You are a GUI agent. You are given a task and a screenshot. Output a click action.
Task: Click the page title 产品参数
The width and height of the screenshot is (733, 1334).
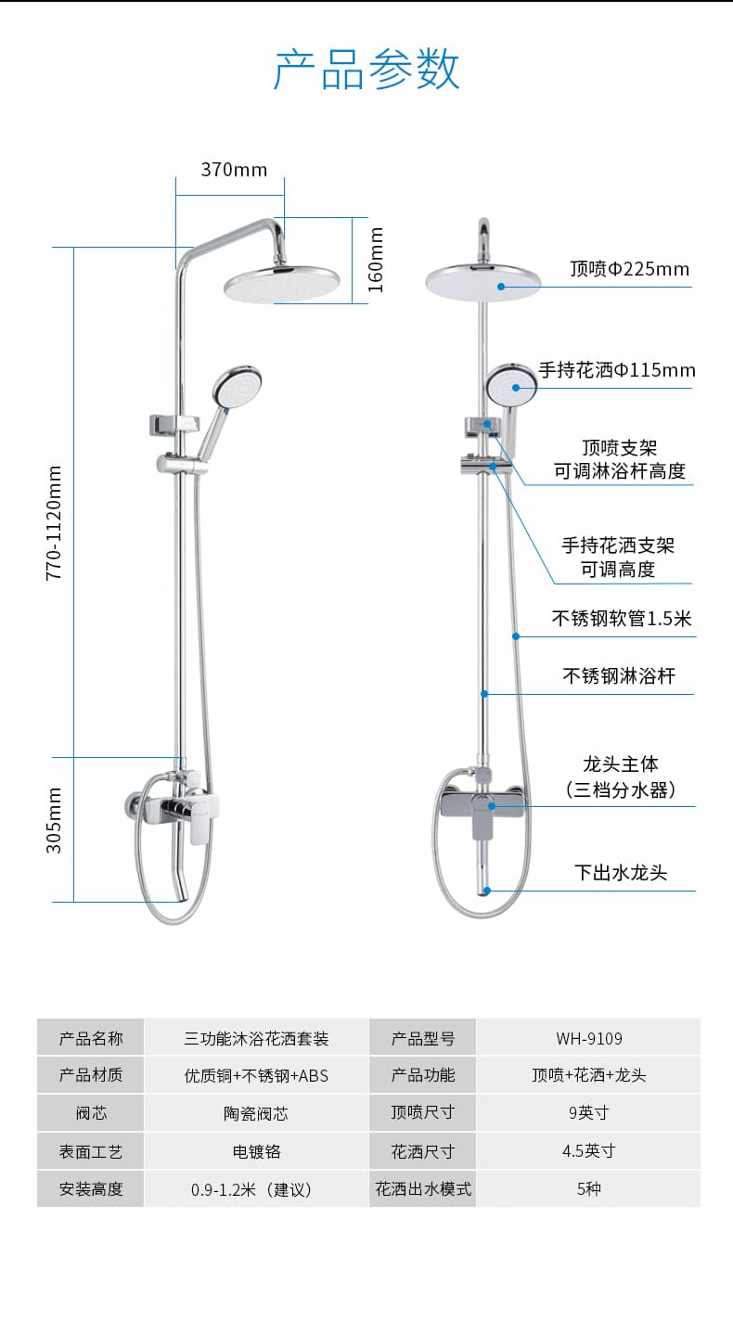point(366,69)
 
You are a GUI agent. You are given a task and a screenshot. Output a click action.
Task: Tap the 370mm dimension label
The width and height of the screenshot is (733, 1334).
point(234,170)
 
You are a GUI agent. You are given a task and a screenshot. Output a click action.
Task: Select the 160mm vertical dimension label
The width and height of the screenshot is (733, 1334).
point(375,260)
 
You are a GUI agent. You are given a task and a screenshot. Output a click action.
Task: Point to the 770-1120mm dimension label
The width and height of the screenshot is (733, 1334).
point(54,523)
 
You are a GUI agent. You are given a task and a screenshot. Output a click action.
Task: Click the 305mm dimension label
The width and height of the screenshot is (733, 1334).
point(54,820)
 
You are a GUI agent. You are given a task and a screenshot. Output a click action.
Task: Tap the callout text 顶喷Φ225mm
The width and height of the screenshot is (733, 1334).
point(629,269)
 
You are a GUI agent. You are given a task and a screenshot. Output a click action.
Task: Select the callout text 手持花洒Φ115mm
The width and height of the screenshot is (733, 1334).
point(617,370)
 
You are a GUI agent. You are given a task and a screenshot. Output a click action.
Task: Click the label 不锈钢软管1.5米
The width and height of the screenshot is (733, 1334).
point(621,618)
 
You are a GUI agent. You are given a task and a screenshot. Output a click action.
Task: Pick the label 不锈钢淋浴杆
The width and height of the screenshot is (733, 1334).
point(619,675)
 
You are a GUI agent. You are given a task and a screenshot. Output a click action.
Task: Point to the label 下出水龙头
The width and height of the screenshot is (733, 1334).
point(621,872)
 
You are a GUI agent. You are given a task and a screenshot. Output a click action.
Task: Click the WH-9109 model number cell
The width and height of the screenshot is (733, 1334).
point(589,1039)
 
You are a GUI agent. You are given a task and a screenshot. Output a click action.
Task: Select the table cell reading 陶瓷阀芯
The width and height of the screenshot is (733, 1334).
point(256,1113)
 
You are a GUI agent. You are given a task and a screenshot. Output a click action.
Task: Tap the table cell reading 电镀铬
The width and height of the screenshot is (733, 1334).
point(256,1151)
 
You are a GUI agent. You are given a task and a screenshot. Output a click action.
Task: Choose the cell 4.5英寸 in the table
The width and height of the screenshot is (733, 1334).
point(589,1150)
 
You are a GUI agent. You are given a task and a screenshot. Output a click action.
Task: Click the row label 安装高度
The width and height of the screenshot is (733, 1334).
point(91,1189)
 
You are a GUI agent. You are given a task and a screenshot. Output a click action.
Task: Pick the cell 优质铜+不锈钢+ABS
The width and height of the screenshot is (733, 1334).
point(256,1075)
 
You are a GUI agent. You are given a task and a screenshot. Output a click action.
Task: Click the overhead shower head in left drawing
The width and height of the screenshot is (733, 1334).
point(282,284)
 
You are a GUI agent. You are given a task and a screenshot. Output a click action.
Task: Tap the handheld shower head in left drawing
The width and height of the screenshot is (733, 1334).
point(237,387)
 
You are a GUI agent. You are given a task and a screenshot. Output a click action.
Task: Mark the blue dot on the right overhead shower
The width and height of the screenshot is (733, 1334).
point(501,287)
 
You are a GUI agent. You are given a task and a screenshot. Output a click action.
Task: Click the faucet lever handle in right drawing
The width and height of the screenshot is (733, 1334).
point(482,821)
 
